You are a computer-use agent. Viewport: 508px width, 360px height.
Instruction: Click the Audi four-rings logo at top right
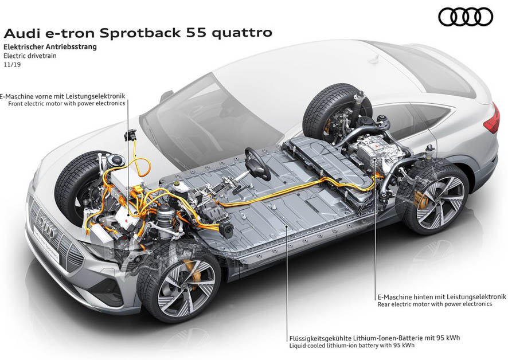pyautogui.click(x=465, y=17)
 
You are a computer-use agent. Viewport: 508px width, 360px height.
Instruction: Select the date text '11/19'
pyautogui.click(x=11, y=65)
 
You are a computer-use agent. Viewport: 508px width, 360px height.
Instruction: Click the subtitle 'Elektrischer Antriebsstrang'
pyautogui.click(x=50, y=47)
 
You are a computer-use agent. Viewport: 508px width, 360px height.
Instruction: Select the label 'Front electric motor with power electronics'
pyautogui.click(x=67, y=104)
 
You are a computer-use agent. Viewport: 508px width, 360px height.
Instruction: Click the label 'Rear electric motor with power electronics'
pyautogui.click(x=435, y=304)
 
